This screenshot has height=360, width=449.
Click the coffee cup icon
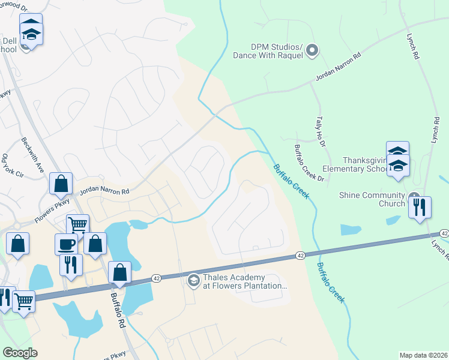[x=66, y=244]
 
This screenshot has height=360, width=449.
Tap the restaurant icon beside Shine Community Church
[x=420, y=207]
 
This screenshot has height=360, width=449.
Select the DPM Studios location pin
[x=312, y=52]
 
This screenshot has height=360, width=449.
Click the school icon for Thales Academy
[x=193, y=280]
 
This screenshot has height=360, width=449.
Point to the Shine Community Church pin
[x=414, y=197]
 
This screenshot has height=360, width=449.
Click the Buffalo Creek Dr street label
[x=309, y=163]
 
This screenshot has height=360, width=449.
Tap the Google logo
[x=20, y=353]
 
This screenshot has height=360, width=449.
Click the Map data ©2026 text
[x=423, y=355]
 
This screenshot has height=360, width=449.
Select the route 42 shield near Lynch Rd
[x=444, y=233]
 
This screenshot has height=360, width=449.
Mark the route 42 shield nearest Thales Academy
[x=299, y=256]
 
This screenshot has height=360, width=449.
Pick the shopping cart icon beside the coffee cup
[x=77, y=226]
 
